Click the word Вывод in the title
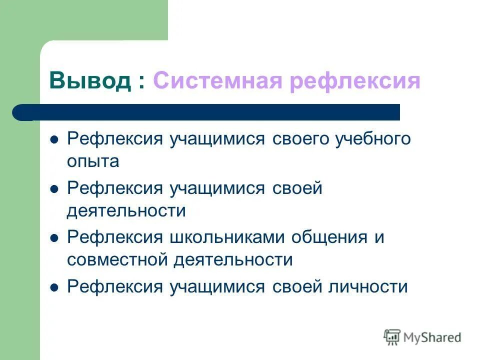(x=89, y=80)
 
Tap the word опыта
(x=93, y=161)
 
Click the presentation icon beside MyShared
(x=392, y=337)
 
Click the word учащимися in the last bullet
(x=217, y=287)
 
